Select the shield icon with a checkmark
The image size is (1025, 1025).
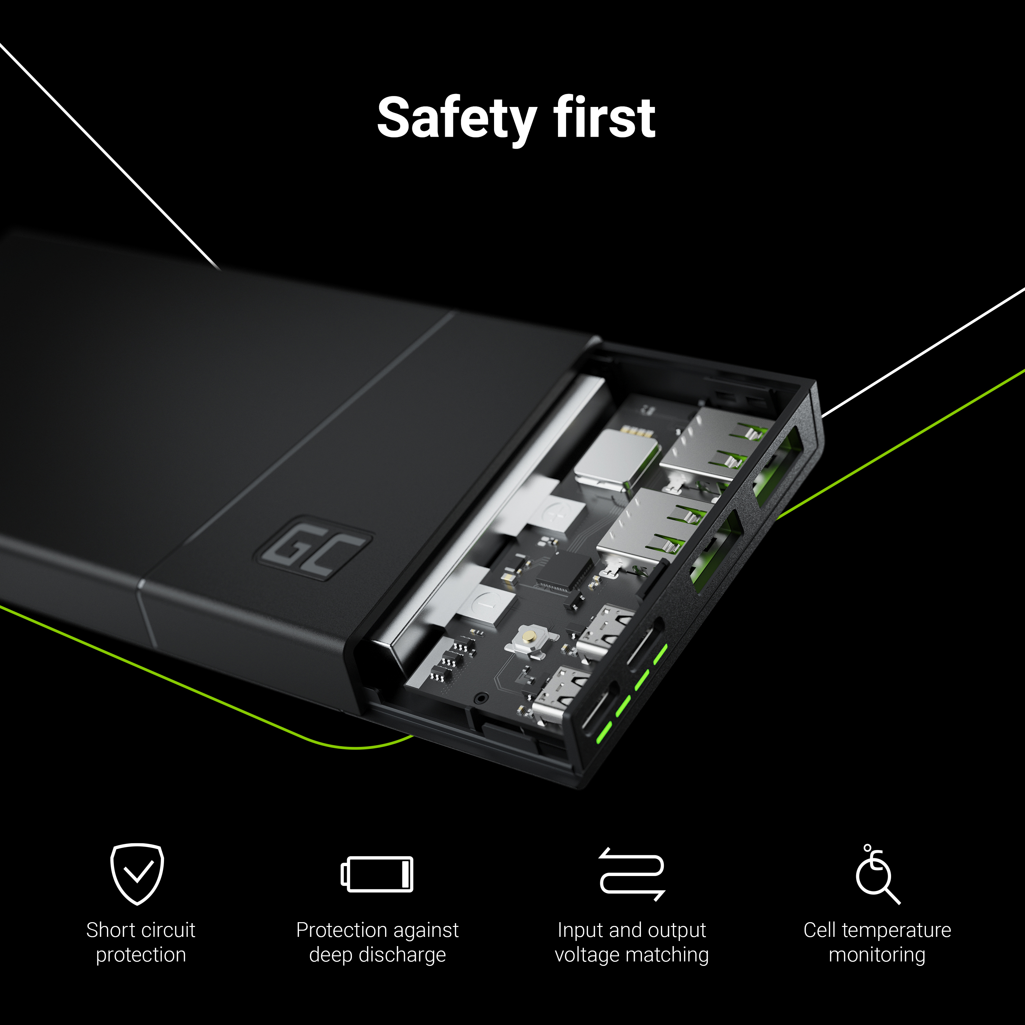pyautogui.click(x=137, y=874)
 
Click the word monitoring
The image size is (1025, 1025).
pyautogui.click(x=877, y=955)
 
